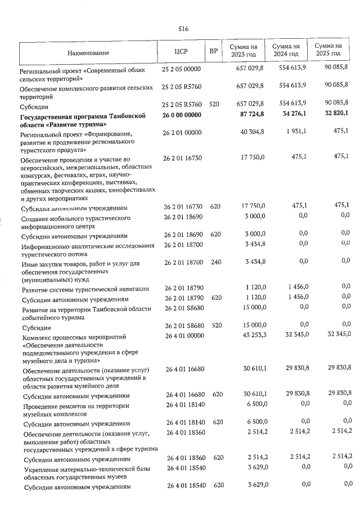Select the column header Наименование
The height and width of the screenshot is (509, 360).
point(88,53)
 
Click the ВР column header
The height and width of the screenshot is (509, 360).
point(213,52)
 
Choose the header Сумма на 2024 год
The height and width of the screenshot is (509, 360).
point(285,49)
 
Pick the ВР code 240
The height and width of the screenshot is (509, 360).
point(214,262)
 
